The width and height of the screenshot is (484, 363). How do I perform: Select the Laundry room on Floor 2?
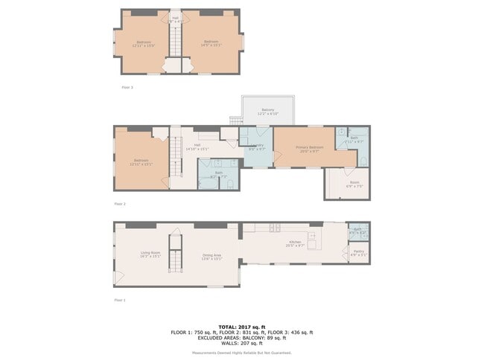pyautogui.click(x=258, y=147)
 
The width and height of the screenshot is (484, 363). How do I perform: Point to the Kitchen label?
pyautogui.click(x=295, y=243)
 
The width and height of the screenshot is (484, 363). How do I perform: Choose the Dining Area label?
pyautogui.click(x=211, y=257)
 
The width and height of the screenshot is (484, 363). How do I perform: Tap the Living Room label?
pyautogui.click(x=151, y=254)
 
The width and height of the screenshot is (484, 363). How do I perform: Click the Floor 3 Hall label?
pyautogui.click(x=176, y=19)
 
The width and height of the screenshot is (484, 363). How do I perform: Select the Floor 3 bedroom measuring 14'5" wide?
pyautogui.click(x=211, y=43)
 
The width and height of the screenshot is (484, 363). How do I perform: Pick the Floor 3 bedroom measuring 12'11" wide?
pyautogui.click(x=143, y=43)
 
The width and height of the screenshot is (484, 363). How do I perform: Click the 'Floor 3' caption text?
pyautogui.click(x=127, y=87)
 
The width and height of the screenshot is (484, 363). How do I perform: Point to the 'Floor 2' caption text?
pyautogui.click(x=120, y=203)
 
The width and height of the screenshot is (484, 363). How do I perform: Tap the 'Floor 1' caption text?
pyautogui.click(x=120, y=300)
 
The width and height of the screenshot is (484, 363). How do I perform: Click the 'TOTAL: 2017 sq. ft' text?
pyautogui.click(x=241, y=327)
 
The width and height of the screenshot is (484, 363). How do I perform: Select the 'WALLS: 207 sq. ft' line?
pyautogui.click(x=241, y=344)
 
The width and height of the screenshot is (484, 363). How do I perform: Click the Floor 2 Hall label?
pyautogui.click(x=197, y=147)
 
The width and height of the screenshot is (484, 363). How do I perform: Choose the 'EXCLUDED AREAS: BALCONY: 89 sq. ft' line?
pyautogui.click(x=241, y=338)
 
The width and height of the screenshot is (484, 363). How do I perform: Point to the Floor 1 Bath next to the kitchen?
pyautogui.click(x=357, y=231)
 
